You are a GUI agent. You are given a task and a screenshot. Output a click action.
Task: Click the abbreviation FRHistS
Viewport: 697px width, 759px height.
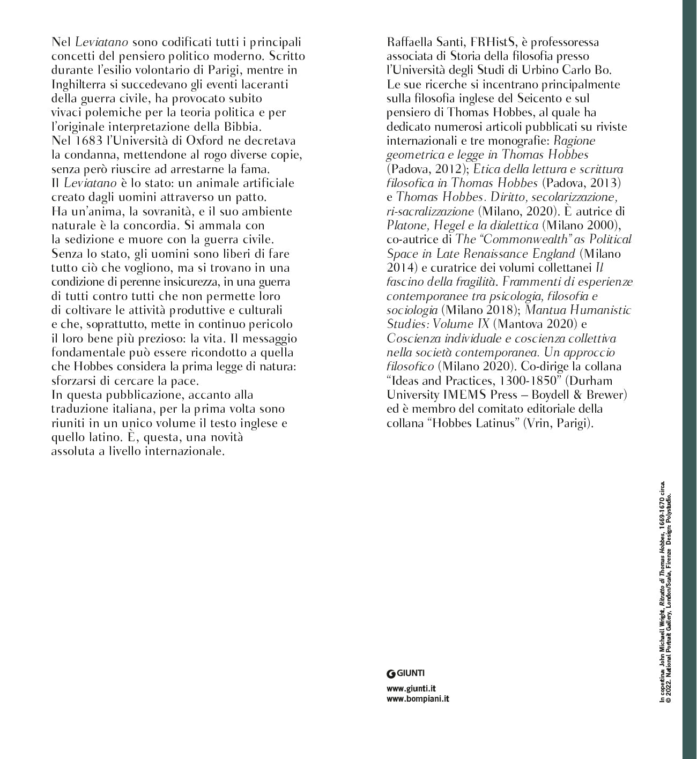click(x=495, y=42)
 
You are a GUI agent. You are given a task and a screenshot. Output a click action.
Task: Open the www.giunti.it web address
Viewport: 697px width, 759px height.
click(x=411, y=688)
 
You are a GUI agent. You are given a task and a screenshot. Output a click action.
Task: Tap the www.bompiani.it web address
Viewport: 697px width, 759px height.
click(x=418, y=698)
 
